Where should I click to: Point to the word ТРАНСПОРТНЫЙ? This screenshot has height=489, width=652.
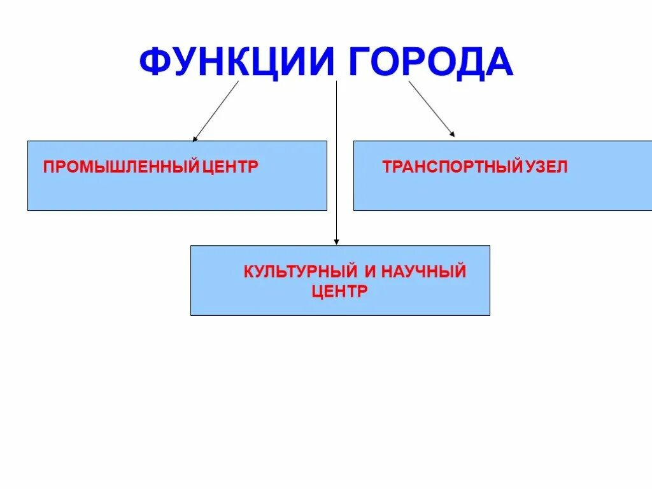[453, 167]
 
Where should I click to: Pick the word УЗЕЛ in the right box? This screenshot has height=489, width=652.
[546, 167]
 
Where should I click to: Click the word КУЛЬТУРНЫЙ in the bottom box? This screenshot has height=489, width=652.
[300, 272]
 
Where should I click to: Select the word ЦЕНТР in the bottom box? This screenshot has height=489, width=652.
[340, 291]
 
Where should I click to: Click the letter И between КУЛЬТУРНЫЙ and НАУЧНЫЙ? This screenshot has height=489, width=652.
[371, 272]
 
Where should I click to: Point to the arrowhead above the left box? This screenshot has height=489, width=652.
[195, 138]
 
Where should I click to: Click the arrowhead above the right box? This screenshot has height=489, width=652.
[452, 134]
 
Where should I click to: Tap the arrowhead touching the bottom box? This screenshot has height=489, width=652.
[337, 242]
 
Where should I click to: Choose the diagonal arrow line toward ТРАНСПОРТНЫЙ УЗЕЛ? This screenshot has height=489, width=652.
[430, 108]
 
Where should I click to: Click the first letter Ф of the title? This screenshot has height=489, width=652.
[153, 62]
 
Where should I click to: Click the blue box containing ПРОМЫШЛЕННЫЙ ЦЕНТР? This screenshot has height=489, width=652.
[177, 191]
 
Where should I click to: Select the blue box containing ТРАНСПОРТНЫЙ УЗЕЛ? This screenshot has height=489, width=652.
[502, 191]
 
